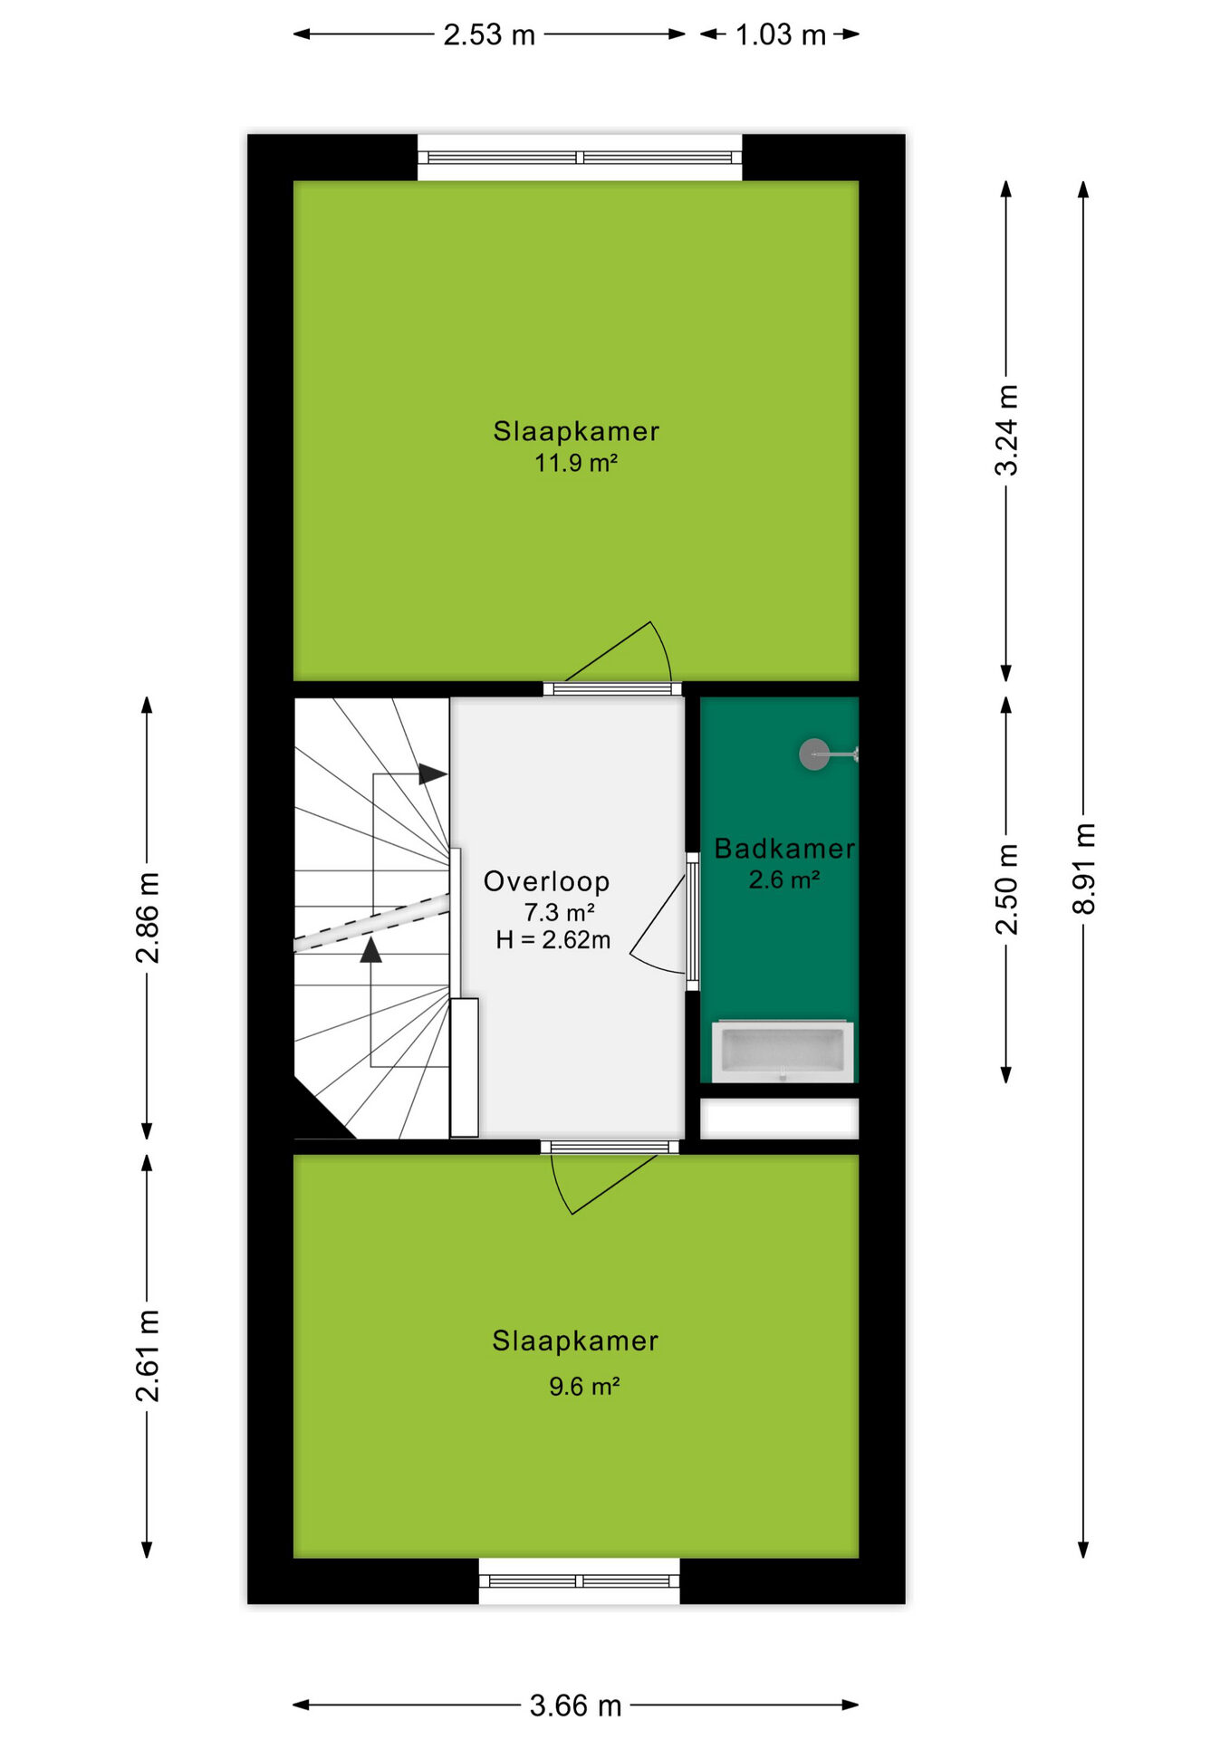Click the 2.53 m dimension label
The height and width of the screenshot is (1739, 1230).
click(489, 35)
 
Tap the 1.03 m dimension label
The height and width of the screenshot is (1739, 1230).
click(780, 35)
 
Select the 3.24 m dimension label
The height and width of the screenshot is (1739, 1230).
click(1006, 429)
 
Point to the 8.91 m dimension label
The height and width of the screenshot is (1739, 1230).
click(1084, 869)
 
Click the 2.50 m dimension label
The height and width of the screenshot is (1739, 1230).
click(1006, 889)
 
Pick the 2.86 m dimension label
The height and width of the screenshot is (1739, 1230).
click(147, 918)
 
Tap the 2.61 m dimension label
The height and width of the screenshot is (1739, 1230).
click(147, 1356)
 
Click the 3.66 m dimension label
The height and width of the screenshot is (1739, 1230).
click(575, 1706)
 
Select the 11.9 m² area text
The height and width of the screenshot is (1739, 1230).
click(576, 463)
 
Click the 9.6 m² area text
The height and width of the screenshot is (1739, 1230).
click(584, 1387)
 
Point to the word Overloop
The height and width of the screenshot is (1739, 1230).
click(546, 881)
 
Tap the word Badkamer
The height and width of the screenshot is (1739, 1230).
click(784, 849)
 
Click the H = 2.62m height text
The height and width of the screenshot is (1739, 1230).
click(553, 940)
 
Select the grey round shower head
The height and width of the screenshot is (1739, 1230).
click(813, 754)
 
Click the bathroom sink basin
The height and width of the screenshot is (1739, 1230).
click(783, 1052)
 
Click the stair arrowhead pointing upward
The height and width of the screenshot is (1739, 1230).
click(370, 949)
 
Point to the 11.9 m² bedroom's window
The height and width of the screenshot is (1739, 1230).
click(580, 158)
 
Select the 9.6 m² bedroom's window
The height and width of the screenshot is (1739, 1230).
click(580, 1581)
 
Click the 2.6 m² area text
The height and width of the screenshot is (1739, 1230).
click(784, 880)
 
